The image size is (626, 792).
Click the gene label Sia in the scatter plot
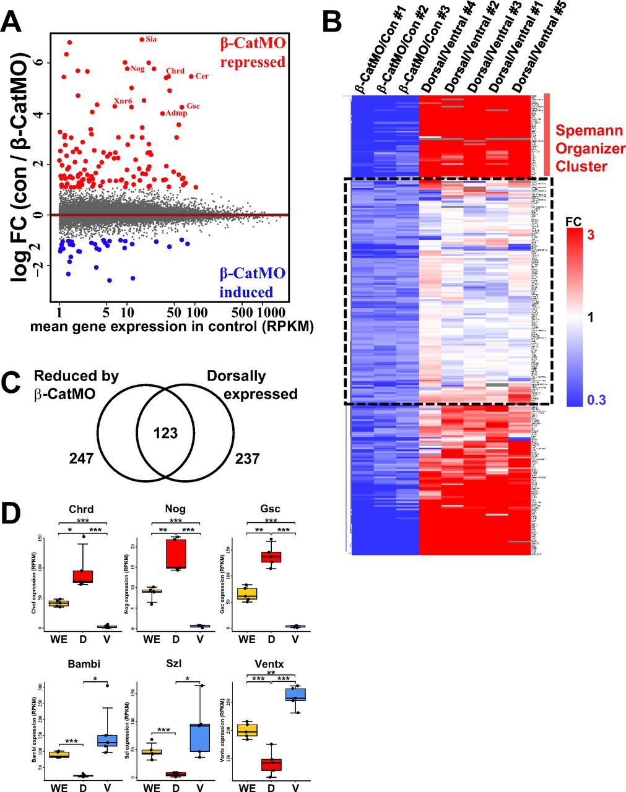coord(151,39)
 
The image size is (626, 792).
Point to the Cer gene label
coord(202,75)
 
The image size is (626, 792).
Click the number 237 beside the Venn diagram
coord(246,458)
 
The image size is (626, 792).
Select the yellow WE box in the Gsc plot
coord(246,594)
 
